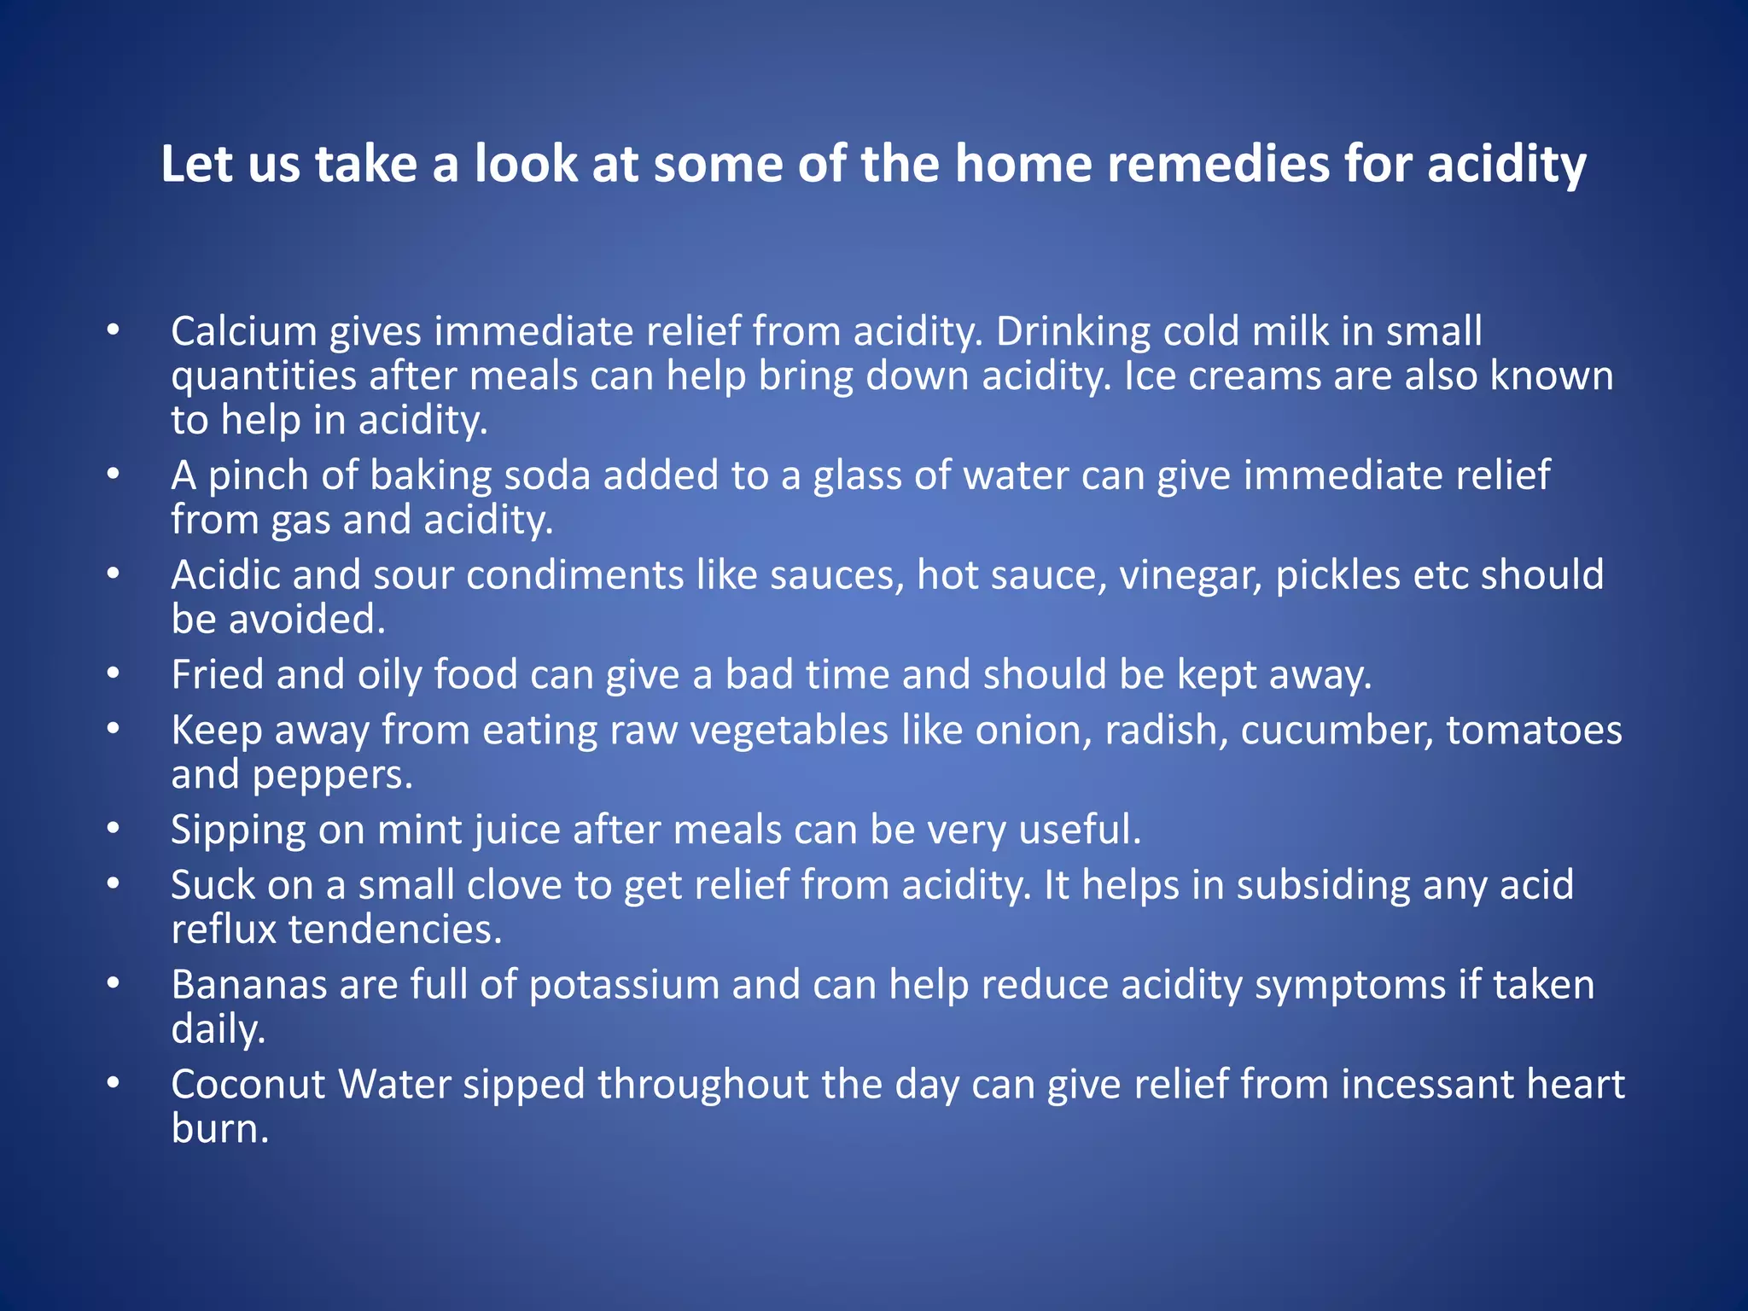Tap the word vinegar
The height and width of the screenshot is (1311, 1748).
pos(1191,575)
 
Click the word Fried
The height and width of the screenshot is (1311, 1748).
pos(217,674)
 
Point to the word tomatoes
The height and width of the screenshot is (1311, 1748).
pos(1534,730)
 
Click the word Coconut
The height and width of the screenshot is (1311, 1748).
pos(248,1085)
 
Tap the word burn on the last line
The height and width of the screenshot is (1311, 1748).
pos(220,1129)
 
